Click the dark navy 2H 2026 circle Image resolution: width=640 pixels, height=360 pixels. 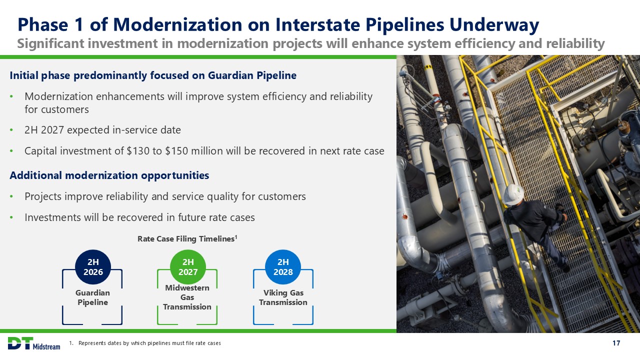click(x=93, y=267)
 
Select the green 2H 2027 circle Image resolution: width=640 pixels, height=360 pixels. click(x=188, y=267)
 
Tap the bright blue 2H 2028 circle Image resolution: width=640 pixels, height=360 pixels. click(x=283, y=267)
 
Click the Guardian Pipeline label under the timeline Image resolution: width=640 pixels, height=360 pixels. click(x=92, y=297)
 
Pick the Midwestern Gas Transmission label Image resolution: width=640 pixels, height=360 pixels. click(x=187, y=297)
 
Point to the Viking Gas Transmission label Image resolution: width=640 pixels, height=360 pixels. click(x=283, y=297)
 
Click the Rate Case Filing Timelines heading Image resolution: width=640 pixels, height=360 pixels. click(x=187, y=238)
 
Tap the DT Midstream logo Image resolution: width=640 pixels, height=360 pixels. click(x=33, y=343)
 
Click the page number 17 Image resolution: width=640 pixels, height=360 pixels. click(x=616, y=343)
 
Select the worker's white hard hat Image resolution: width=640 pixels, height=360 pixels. click(x=513, y=194)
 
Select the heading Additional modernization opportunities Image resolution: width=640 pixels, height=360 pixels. click(x=109, y=175)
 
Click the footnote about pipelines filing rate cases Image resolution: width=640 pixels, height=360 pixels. click(x=145, y=343)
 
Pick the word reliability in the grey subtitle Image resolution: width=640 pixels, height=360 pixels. click(x=575, y=43)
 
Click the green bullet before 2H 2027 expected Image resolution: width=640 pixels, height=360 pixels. click(x=11, y=130)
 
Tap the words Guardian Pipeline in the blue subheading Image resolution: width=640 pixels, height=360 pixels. click(x=252, y=75)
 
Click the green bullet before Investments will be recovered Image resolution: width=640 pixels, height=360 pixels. click(x=11, y=217)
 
